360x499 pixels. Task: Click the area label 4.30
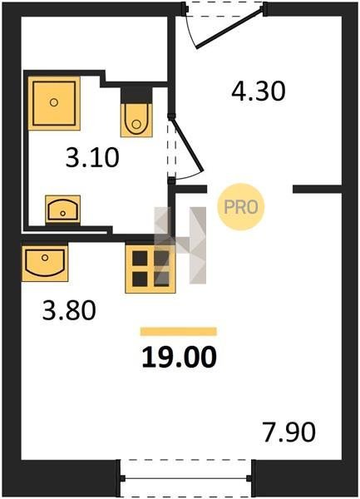tap(259, 91)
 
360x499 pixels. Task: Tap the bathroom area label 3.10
tap(92, 157)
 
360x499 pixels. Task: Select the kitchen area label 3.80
tap(69, 310)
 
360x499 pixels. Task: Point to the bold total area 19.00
tap(179, 357)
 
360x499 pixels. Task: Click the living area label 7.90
tap(289, 432)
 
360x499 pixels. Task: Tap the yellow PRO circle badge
tap(241, 207)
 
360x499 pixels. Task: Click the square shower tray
tap(54, 103)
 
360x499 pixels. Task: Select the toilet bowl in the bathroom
tap(136, 120)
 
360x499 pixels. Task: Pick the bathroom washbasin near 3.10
tap(62, 210)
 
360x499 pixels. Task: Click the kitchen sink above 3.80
tap(45, 262)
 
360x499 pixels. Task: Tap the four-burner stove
tap(150, 269)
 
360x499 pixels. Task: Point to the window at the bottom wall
tap(186, 477)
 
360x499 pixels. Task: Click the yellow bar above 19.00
tap(179, 332)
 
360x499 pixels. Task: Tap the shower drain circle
tap(54, 102)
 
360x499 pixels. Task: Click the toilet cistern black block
tap(136, 95)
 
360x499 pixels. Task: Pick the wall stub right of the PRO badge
tap(317, 190)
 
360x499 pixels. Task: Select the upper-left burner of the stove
tap(140, 258)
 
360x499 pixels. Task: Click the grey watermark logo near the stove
tap(180, 245)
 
